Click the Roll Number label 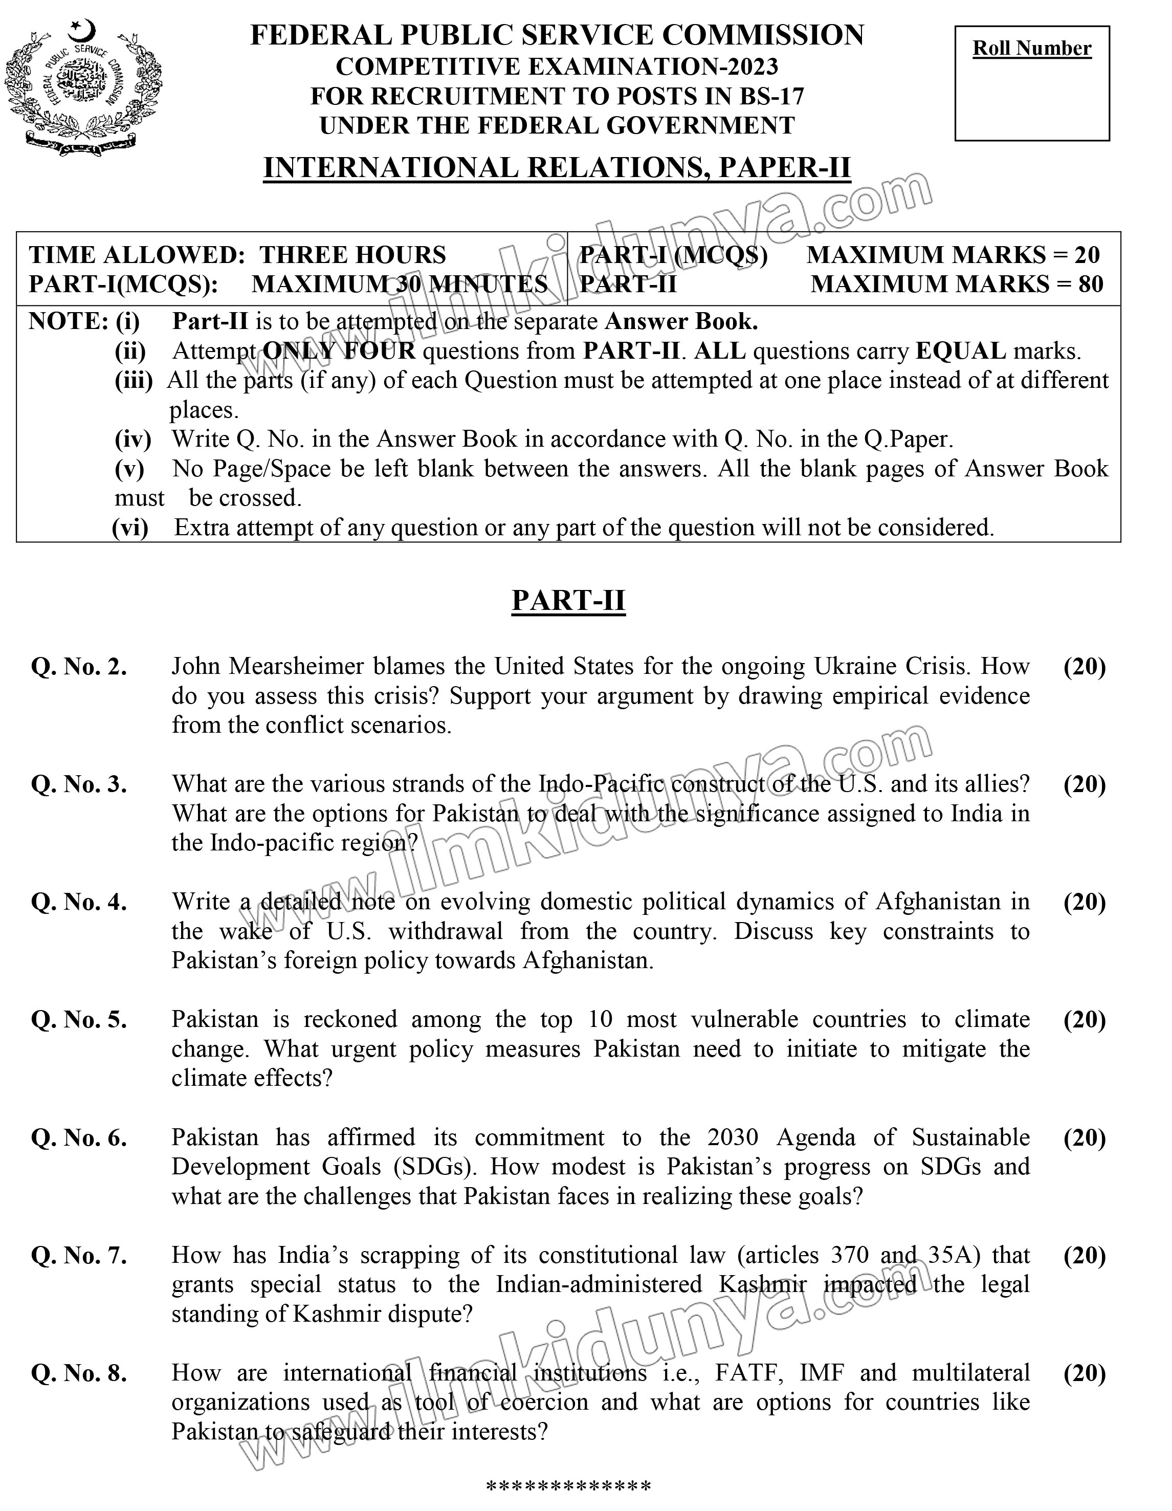[1031, 49]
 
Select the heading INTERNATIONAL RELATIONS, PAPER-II [557, 168]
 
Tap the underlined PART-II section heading [568, 600]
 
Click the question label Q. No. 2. [79, 667]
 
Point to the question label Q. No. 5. [79, 1020]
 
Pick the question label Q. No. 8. [79, 1373]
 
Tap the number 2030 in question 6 [733, 1137]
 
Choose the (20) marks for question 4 [1084, 902]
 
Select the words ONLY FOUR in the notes [340, 352]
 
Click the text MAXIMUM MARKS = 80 [956, 283]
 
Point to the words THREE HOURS [353, 255]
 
